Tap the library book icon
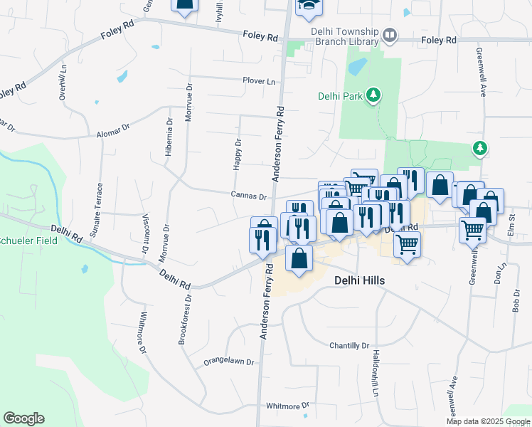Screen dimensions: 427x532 click(389, 35)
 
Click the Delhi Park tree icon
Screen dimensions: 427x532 click(373, 95)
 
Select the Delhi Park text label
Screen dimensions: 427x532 click(341, 96)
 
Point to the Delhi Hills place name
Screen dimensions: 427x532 click(359, 281)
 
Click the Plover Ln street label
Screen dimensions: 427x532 click(258, 81)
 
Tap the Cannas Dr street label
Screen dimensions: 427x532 click(248, 196)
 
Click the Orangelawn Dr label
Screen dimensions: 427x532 click(228, 362)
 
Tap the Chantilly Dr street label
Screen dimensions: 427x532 click(349, 346)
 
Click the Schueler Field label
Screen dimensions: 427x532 click(26, 241)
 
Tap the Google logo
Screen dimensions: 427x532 click(23, 418)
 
